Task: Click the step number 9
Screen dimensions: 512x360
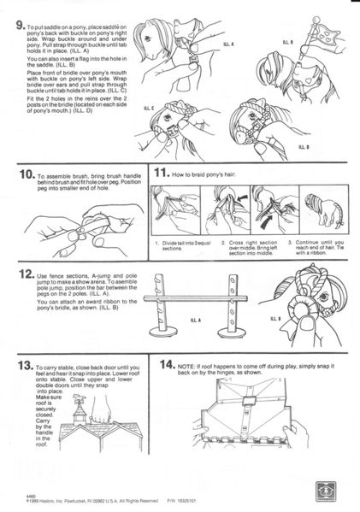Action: [23, 26]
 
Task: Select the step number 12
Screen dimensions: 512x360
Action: [24, 275]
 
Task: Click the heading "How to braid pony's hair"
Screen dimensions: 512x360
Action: [209, 174]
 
